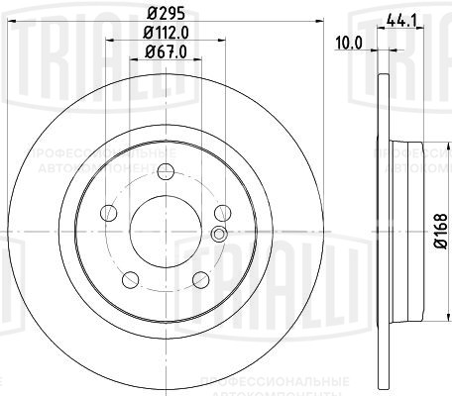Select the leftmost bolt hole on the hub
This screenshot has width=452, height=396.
(109, 212)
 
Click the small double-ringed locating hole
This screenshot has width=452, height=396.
(220, 234)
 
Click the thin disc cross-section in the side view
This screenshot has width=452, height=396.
(383, 99)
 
